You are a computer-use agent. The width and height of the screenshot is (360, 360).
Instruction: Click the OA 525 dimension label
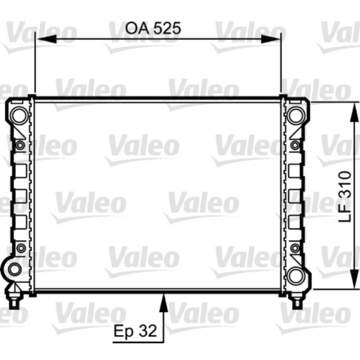(153, 28)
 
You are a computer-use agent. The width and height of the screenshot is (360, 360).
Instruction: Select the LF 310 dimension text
(345, 197)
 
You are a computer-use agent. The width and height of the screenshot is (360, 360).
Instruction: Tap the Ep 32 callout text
(135, 331)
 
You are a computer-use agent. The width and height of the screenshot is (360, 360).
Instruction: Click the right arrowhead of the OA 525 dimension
(270, 39)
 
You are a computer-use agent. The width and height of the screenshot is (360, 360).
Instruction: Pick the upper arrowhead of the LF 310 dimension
(354, 111)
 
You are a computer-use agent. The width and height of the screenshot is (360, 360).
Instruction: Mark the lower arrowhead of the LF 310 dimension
(354, 279)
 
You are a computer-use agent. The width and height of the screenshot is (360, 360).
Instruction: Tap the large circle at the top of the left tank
(20, 116)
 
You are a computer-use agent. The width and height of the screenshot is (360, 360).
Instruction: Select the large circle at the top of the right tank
(296, 116)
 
